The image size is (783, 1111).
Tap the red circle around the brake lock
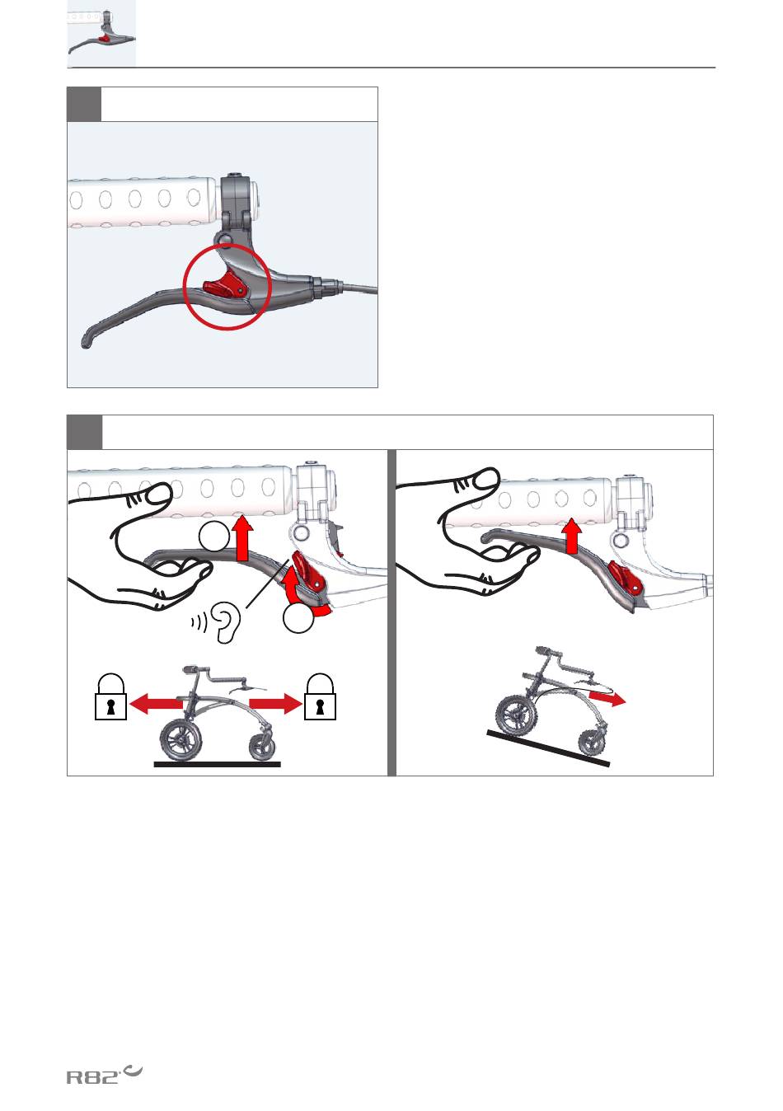(x=184, y=287)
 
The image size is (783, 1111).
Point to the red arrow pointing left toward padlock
(x=155, y=703)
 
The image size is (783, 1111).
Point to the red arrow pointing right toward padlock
(x=275, y=703)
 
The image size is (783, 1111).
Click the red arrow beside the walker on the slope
(x=607, y=698)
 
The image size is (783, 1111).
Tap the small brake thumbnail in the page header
(x=101, y=33)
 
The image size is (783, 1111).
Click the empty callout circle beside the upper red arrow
(x=214, y=537)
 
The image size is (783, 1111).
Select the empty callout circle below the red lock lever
(x=298, y=618)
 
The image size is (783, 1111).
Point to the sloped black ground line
(x=548, y=748)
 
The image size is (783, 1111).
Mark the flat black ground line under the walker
(x=218, y=764)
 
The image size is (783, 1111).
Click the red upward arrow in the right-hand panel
(x=573, y=536)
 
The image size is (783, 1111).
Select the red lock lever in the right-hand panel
(x=626, y=578)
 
